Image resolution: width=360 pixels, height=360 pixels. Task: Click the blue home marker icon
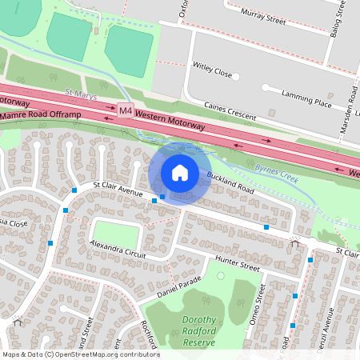[x=180, y=173]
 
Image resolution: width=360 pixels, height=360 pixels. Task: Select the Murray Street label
[x=264, y=14]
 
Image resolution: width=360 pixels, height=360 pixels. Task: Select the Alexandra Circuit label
[x=119, y=248]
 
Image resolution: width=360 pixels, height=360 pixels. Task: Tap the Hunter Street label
[x=238, y=262]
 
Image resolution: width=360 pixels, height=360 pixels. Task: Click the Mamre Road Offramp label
[x=41, y=115]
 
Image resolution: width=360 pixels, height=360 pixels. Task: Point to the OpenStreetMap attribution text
[x=81, y=354]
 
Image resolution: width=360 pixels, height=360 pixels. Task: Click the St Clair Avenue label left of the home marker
[x=118, y=190]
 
